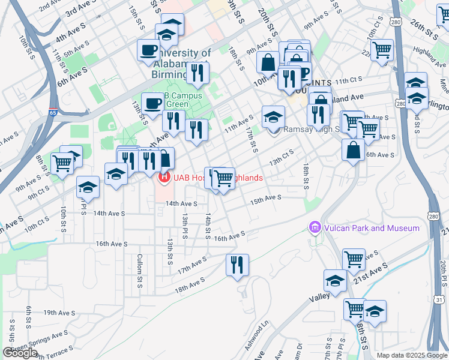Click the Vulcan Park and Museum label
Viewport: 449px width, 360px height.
(x=372, y=228)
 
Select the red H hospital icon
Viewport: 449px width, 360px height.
(x=163, y=178)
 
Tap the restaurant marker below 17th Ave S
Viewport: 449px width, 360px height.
(x=237, y=265)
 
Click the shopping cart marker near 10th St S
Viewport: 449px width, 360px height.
(x=62, y=163)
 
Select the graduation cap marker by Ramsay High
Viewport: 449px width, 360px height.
(x=273, y=116)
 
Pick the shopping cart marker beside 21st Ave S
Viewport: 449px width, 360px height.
(x=354, y=259)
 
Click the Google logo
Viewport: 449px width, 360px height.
(x=20, y=353)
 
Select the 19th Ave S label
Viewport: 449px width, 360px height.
(x=59, y=313)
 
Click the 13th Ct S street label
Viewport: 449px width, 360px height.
(x=284, y=157)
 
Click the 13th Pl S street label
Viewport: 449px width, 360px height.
(x=185, y=223)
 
